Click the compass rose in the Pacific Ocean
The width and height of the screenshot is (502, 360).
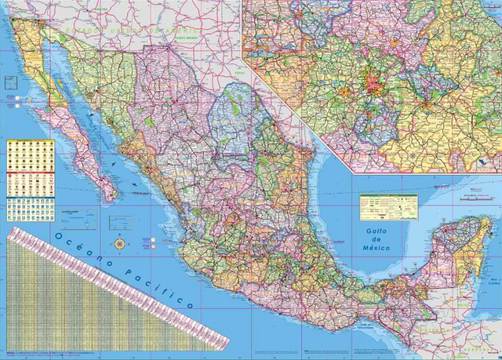pos(119,243)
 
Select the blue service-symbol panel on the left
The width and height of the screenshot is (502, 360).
pos(31,209)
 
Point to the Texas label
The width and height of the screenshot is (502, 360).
pos(240,74)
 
